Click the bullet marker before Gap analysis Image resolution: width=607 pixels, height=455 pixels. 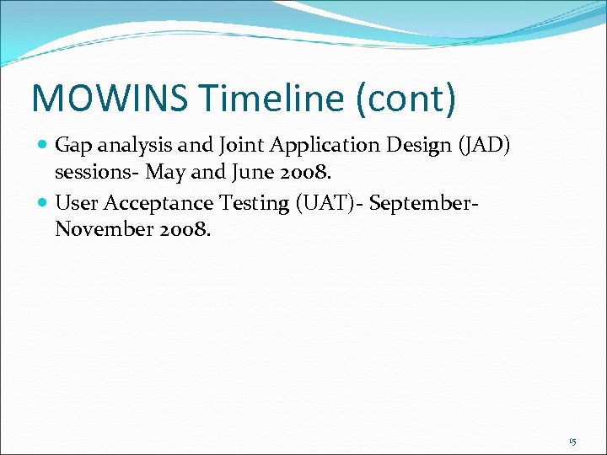click(x=43, y=146)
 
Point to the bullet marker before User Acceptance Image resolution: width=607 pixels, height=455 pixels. click(x=43, y=202)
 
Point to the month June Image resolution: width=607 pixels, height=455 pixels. click(x=240, y=174)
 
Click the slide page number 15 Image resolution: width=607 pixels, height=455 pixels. click(x=572, y=441)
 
